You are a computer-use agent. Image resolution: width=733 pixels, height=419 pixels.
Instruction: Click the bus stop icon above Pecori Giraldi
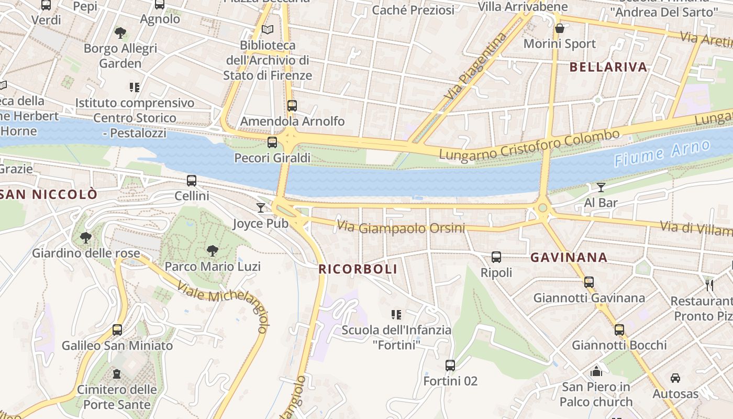coord(272,142)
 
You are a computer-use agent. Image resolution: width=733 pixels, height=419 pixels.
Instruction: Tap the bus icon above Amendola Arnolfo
coord(292,105)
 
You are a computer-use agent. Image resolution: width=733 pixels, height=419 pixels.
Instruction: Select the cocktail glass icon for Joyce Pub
coord(261,208)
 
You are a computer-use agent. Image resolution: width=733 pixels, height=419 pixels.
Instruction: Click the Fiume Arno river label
coord(662,153)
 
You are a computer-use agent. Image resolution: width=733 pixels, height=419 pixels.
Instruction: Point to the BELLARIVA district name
coord(608,67)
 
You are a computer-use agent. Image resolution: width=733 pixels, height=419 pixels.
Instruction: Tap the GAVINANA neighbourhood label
coord(569,257)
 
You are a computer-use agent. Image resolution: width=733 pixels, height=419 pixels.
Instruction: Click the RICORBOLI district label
coord(359,269)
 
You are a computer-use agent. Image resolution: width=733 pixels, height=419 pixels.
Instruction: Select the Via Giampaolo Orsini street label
coord(401,227)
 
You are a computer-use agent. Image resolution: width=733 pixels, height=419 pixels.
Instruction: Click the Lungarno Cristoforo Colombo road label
coord(529,145)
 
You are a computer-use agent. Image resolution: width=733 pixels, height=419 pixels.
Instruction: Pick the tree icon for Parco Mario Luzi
coord(212,251)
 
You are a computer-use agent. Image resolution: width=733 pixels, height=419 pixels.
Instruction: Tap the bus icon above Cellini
coord(192,181)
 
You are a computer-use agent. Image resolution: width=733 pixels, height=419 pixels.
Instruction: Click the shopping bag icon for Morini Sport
coord(560,28)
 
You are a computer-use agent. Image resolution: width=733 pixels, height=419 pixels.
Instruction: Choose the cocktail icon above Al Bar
coord(601,187)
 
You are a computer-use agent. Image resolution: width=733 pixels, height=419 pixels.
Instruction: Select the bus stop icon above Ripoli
coord(496,257)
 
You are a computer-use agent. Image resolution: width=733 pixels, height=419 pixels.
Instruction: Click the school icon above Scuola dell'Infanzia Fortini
coord(396,314)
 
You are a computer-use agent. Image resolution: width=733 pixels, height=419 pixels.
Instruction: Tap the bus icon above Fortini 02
coord(450,365)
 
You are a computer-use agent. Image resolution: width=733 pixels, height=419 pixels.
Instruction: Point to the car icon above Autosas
coord(675,378)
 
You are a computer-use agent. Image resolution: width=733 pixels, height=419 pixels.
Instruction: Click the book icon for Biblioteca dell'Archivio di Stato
coord(268,30)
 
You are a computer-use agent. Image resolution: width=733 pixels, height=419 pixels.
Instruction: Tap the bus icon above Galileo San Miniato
coord(117,330)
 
